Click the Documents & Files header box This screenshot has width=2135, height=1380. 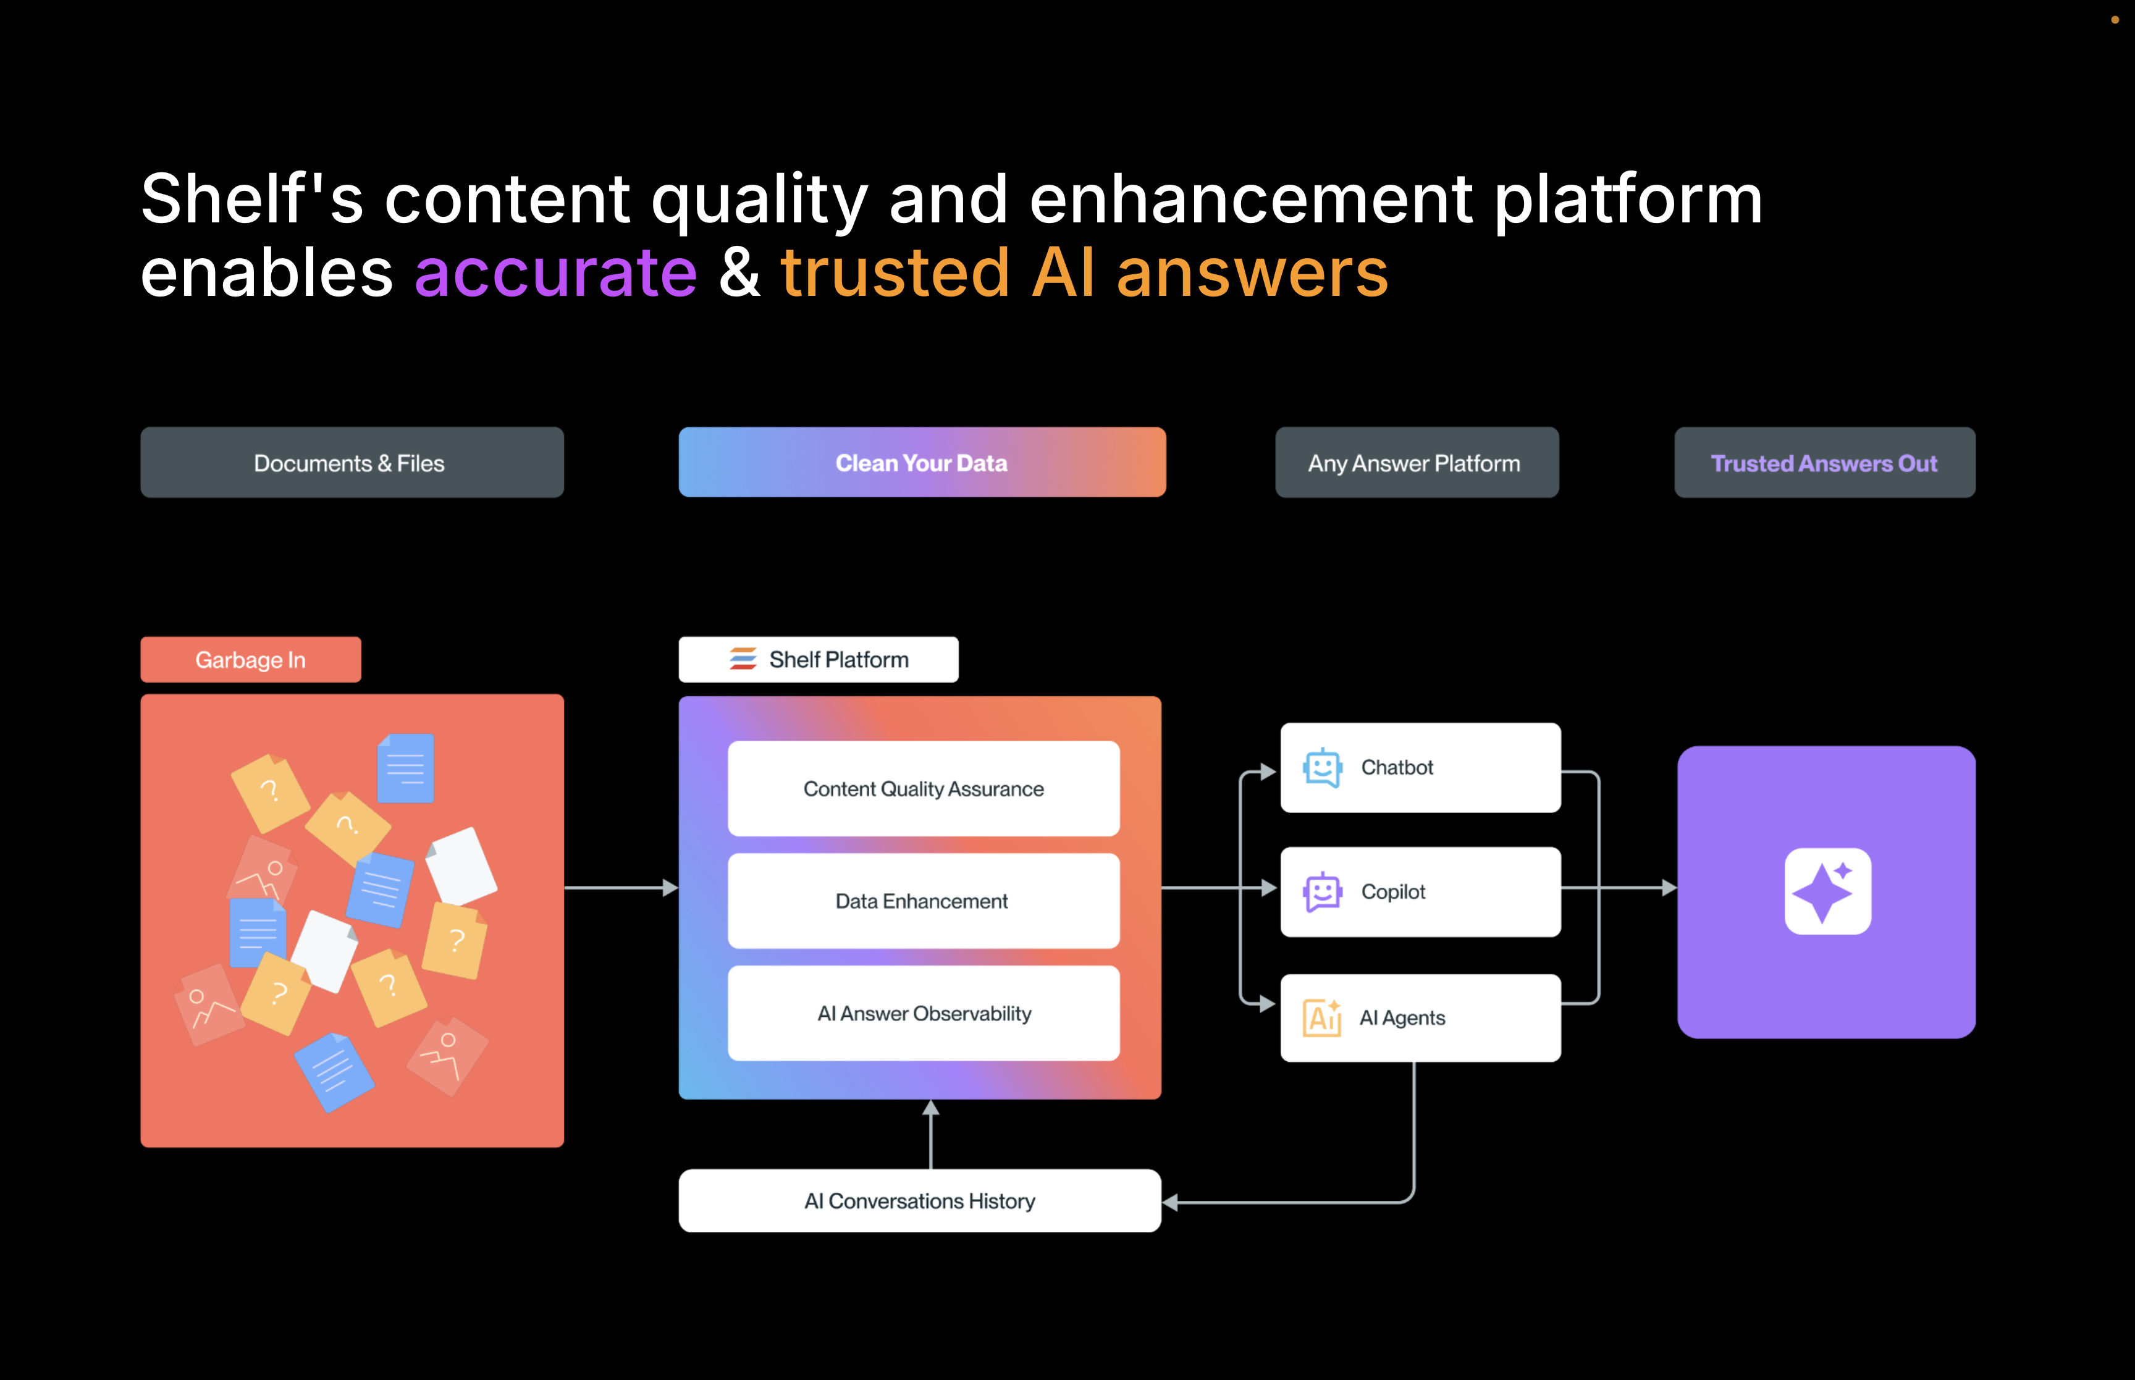[x=352, y=463]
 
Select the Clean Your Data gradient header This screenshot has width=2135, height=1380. [x=922, y=463]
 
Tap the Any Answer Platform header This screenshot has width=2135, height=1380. [x=1417, y=463]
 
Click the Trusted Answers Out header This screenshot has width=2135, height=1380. [x=1825, y=463]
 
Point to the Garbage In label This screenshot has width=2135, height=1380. [x=251, y=660]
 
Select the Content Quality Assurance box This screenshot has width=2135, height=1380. [x=924, y=789]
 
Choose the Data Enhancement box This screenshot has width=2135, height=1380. [x=924, y=901]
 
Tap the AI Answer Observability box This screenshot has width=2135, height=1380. [x=924, y=1014]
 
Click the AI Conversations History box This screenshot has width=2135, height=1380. [x=920, y=1201]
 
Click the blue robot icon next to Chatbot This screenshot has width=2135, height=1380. [x=1323, y=768]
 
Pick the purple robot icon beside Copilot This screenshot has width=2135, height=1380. [x=1323, y=891]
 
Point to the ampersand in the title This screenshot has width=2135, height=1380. [x=740, y=272]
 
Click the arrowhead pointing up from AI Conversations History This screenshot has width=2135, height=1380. [x=931, y=1108]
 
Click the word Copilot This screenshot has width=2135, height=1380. [x=1393, y=891]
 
